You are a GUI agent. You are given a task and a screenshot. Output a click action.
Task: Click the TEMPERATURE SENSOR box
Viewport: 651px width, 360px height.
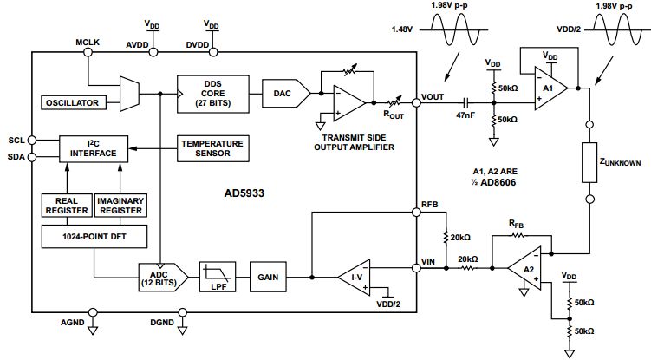(212, 147)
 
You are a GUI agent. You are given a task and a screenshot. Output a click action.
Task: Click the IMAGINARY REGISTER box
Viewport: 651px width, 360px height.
(120, 205)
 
